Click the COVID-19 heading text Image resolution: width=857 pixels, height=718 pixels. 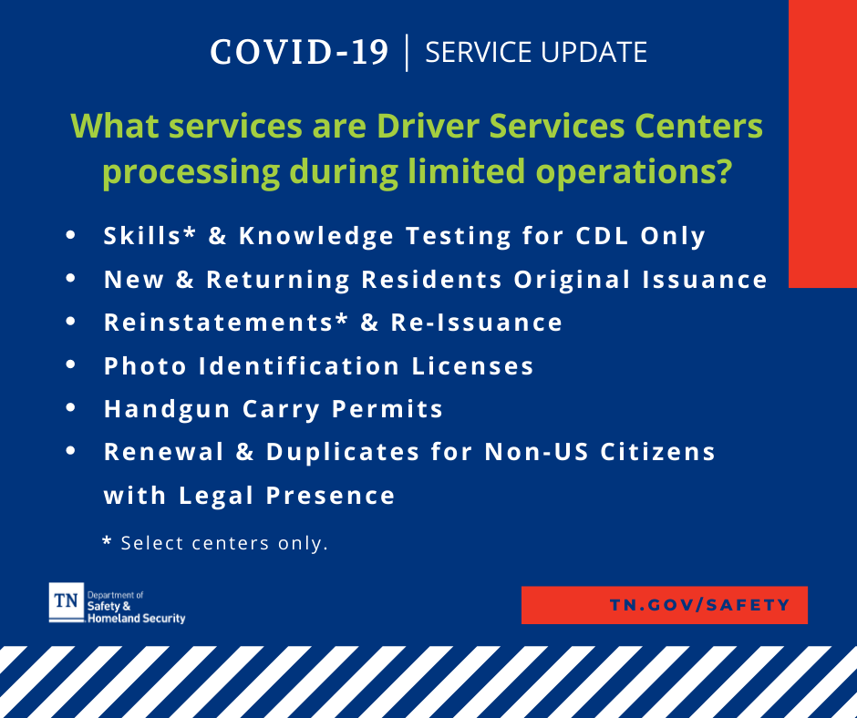299,53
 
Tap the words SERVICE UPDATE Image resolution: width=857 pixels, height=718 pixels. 536,53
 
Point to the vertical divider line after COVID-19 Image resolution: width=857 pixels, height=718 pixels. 407,53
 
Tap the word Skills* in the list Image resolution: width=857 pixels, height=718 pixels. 150,236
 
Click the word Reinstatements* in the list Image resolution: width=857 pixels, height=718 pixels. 226,323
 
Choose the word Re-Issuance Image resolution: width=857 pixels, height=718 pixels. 477,323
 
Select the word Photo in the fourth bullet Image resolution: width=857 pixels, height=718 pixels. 145,366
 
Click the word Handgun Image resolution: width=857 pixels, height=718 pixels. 167,410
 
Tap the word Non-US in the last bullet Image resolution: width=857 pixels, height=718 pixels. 537,453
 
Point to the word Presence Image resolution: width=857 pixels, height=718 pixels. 331,496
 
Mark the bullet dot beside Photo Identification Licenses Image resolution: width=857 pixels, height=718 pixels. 70,364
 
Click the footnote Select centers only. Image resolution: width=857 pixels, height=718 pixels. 224,543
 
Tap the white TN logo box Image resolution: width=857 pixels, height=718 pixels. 67,602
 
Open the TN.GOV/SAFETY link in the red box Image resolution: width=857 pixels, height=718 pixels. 700,605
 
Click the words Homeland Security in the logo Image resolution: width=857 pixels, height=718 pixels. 137,619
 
